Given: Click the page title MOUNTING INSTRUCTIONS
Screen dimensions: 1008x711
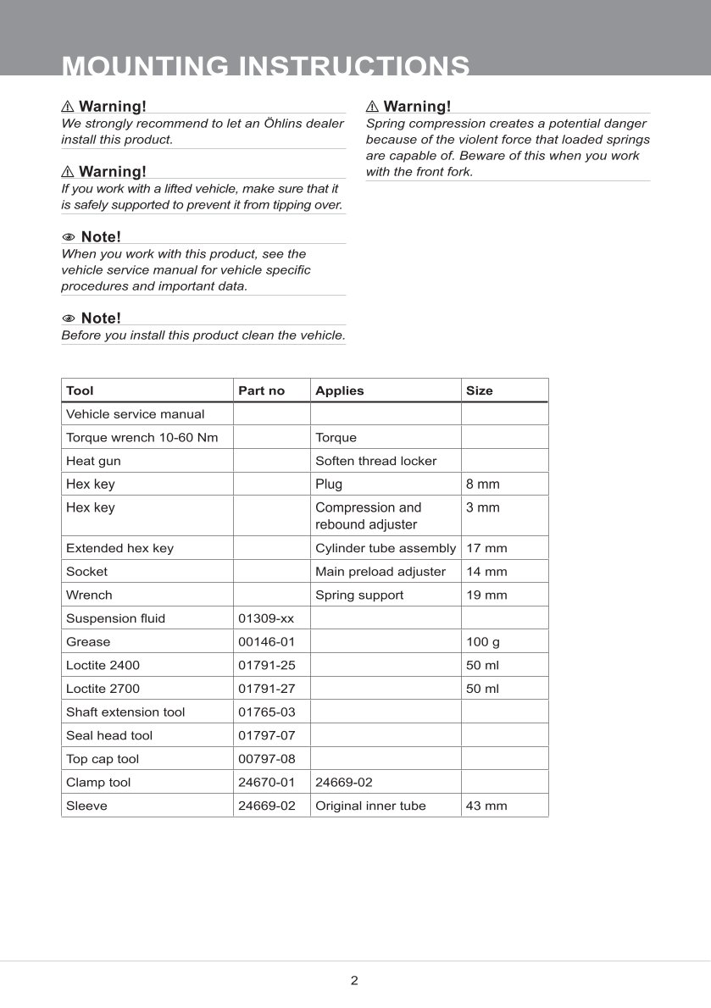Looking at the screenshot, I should (266, 66).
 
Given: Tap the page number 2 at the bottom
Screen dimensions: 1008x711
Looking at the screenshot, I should (354, 981).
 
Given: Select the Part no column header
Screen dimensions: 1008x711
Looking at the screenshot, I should (261, 390).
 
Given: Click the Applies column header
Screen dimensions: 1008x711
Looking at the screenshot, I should (339, 390).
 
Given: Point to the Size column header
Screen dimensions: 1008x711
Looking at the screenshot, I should (479, 390).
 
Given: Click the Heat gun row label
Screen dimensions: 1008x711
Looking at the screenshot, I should (93, 461).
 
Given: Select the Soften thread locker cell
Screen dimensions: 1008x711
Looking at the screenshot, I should (375, 461).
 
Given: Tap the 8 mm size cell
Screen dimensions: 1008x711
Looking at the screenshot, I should (482, 485).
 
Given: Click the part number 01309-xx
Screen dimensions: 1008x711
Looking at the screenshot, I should (266, 618).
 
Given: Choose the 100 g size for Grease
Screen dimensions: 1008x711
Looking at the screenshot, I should (483, 642).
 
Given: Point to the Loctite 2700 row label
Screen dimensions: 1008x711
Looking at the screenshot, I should (103, 689).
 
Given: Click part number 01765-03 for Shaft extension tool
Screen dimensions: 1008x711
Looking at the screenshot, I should (266, 712).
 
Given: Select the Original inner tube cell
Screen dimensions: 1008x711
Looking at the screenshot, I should (370, 806).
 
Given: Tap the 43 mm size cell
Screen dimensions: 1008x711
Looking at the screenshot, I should (486, 806).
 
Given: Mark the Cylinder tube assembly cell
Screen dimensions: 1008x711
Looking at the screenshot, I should (385, 548).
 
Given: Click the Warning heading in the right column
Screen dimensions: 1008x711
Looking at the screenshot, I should (416, 106).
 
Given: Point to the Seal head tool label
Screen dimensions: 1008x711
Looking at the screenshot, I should (109, 735).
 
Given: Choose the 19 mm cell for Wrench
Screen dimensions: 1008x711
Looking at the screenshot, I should (486, 595).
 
